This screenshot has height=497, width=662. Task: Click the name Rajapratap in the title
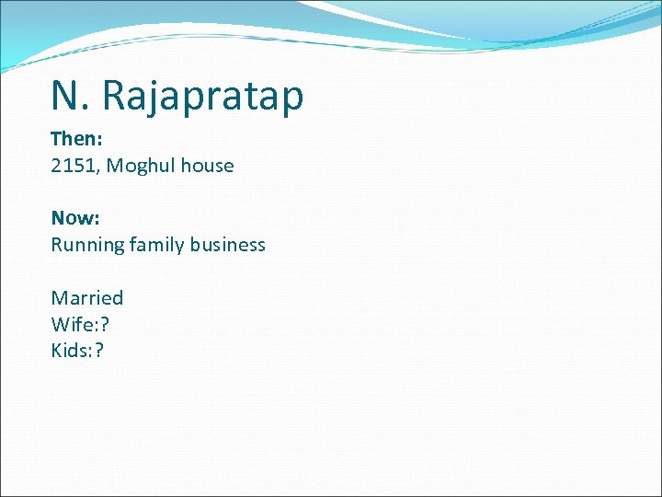coord(202,96)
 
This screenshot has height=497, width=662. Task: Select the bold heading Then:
coord(75,139)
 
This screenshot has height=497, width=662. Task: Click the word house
coord(207,166)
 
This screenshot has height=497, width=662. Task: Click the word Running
coord(87,245)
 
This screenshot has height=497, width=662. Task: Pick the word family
coord(157,245)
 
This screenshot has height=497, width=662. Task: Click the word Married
coord(87,297)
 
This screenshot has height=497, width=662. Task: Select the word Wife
coord(69,324)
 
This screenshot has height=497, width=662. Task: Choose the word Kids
coord(70,350)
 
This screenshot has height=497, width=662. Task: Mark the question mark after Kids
coord(99,350)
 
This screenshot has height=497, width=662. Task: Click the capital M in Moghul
coord(115,166)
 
